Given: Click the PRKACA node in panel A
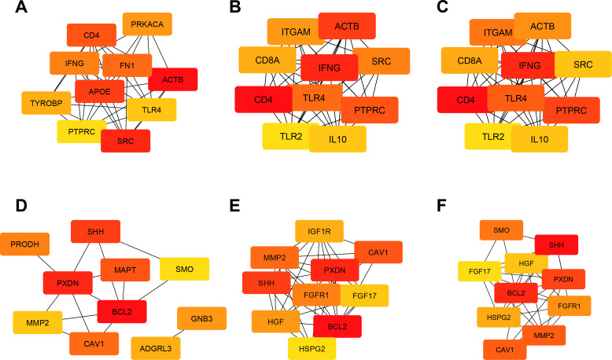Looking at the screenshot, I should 148,24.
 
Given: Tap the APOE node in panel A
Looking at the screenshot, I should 98,90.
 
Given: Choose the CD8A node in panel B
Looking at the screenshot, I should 264,59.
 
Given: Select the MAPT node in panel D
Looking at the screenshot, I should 122,270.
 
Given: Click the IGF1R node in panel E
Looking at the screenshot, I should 319,232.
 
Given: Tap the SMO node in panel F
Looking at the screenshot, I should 501,230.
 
